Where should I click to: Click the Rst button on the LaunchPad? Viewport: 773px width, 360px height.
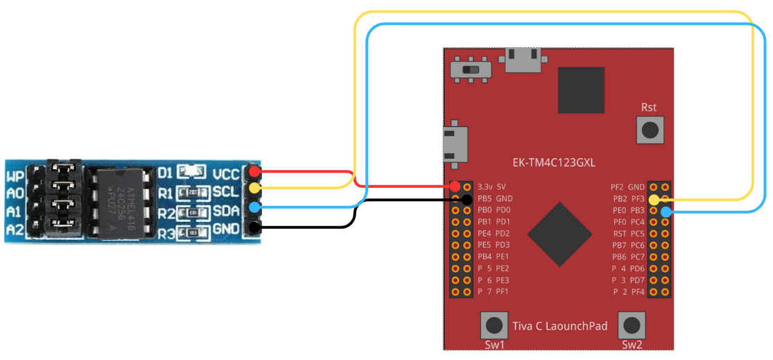pyautogui.click(x=650, y=129)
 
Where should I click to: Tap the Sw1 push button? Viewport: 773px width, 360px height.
pyautogui.click(x=494, y=325)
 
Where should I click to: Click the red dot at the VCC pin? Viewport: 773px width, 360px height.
pyautogui.click(x=254, y=171)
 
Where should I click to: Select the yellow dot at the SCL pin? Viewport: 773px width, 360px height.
pyautogui.click(x=254, y=188)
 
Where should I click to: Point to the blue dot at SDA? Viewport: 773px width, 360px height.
pyautogui.click(x=254, y=207)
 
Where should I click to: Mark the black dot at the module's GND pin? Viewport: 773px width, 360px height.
pyautogui.click(x=254, y=227)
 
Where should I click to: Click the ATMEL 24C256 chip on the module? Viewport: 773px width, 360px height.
pyautogui.click(x=121, y=200)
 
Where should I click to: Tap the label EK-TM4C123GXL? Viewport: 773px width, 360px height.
pyautogui.click(x=554, y=163)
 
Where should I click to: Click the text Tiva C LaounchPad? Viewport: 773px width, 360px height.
pyautogui.click(x=559, y=326)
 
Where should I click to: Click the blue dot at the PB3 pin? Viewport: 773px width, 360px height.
pyautogui.click(x=666, y=211)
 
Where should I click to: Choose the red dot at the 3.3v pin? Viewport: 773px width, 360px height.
pyautogui.click(x=455, y=187)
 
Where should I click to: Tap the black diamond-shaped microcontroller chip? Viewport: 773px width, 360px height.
pyautogui.click(x=559, y=234)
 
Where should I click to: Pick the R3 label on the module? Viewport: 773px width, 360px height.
pyautogui.click(x=165, y=234)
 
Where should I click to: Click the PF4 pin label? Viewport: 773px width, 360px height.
pyautogui.click(x=637, y=291)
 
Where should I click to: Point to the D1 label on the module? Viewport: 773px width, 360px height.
pyautogui.click(x=165, y=171)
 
